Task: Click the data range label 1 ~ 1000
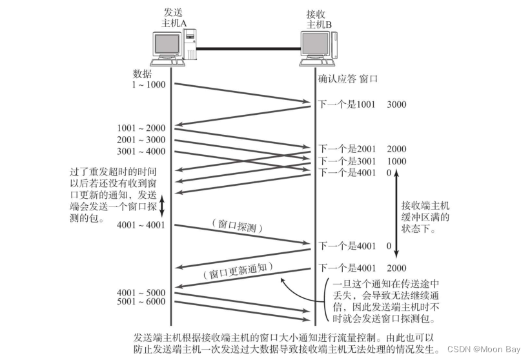[148, 85]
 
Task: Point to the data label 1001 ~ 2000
[142, 128]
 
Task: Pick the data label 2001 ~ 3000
[142, 140]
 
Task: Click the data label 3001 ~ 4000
[142, 152]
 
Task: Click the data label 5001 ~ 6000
[142, 301]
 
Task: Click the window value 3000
[397, 104]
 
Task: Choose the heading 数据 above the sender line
[143, 74]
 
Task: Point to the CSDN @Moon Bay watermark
[484, 349]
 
